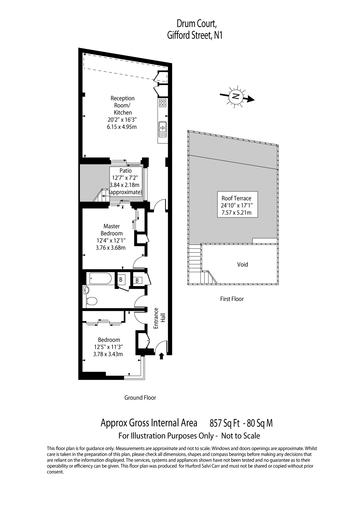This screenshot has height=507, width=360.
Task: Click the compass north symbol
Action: pos(237,96)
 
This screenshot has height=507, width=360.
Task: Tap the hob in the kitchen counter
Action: pos(163,103)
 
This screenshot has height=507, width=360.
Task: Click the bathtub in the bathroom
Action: pos(100,279)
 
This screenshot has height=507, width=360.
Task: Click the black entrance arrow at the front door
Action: pos(161,356)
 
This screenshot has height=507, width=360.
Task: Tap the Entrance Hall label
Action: pos(159,318)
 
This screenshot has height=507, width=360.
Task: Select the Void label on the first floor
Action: pos(243,264)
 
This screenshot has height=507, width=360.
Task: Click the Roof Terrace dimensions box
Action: pos(237,204)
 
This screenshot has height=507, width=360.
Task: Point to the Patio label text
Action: pos(126,171)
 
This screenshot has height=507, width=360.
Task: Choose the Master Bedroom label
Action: pos(111,230)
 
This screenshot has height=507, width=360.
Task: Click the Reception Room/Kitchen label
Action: pos(123,105)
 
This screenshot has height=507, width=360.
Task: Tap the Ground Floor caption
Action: pos(140,398)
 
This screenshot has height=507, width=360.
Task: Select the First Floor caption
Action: pos(232,299)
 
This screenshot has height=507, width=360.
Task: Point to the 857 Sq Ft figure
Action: pos(225,423)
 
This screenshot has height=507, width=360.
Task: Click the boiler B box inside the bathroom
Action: pos(121,279)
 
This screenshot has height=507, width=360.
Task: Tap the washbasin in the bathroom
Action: pos(86,290)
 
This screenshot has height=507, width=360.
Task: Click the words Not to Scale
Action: pos(240,436)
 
